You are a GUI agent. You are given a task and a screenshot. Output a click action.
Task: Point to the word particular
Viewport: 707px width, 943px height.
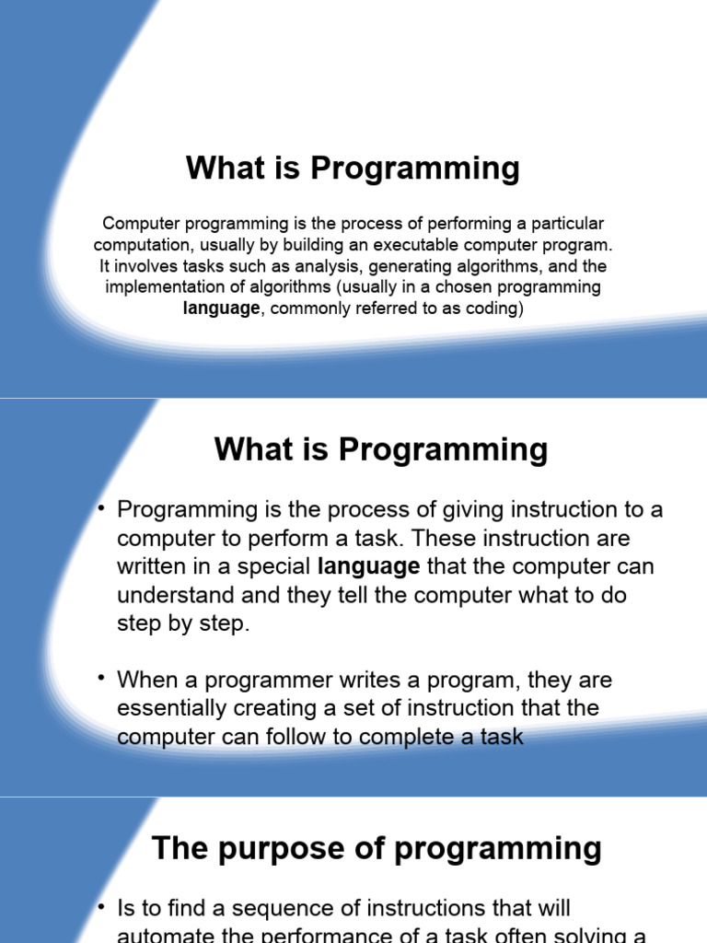(567, 224)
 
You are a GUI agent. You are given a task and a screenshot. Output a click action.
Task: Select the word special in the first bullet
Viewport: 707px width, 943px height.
(273, 566)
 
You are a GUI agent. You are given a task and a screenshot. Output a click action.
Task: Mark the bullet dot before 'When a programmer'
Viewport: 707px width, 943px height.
(102, 679)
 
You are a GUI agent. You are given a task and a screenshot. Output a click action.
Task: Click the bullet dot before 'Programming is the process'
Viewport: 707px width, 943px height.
(102, 508)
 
